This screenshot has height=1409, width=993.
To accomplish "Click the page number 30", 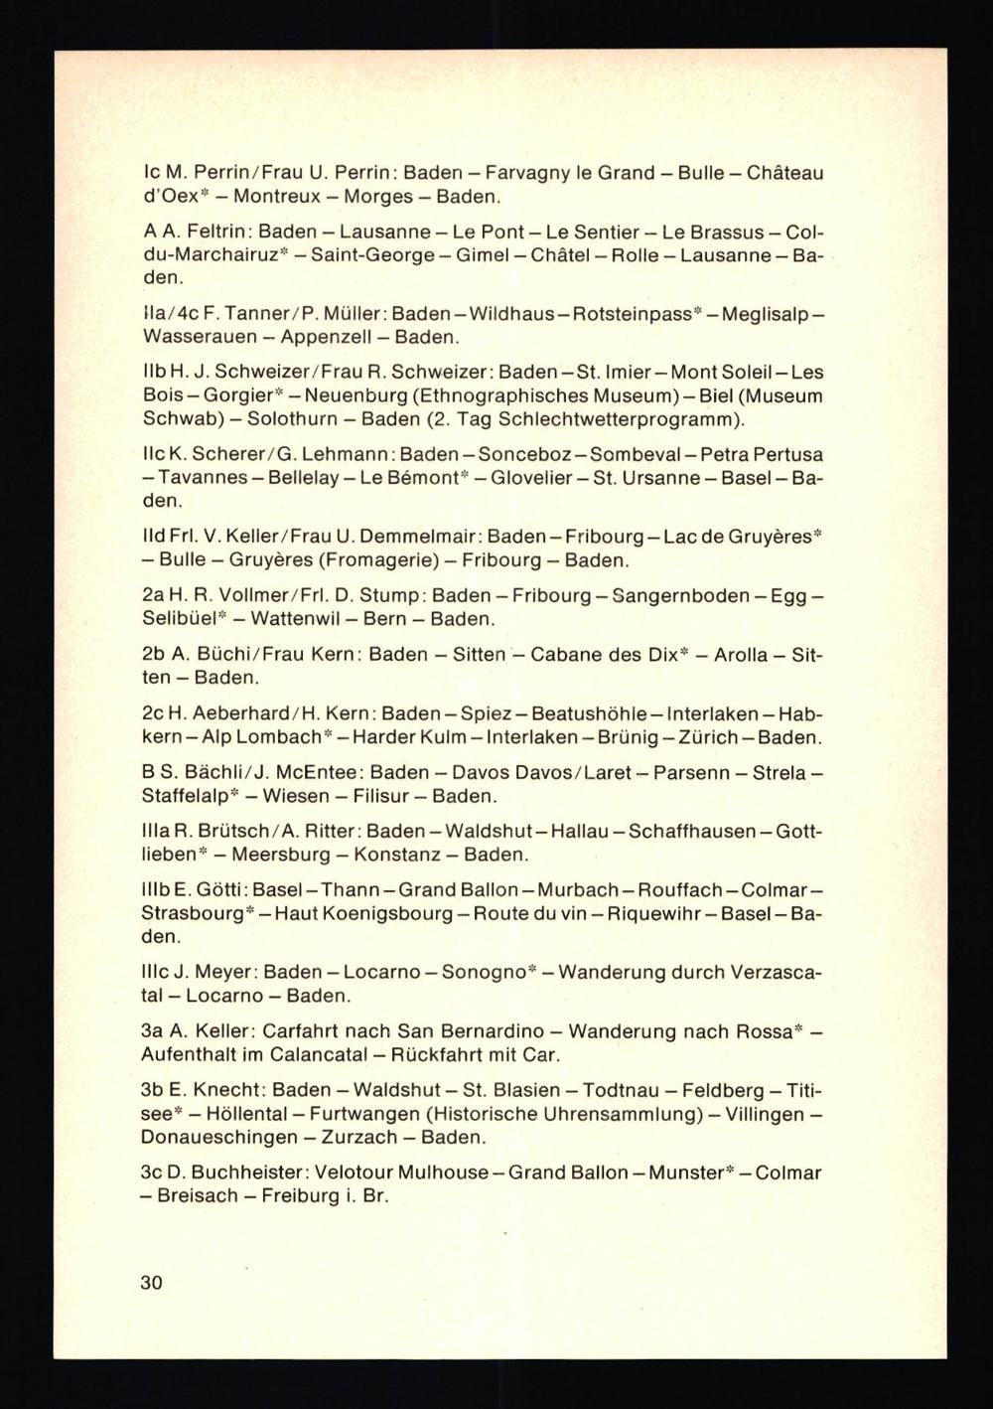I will coord(151,1282).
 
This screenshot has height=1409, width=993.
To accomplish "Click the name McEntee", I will coord(308,773).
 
